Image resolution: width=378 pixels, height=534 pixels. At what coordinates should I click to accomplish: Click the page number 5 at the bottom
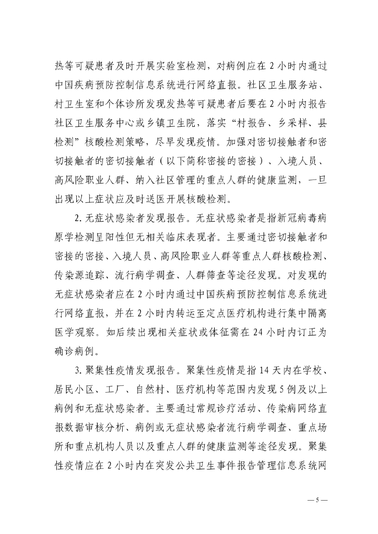(316, 500)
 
